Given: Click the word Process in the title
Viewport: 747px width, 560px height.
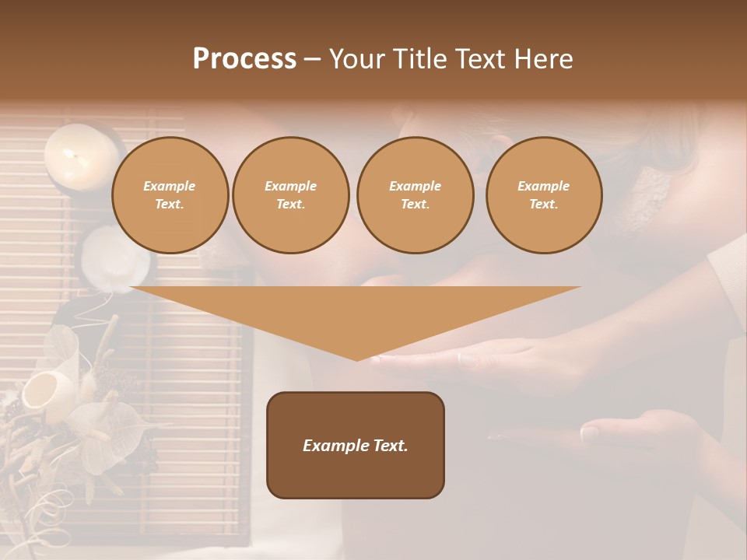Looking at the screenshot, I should pos(244,59).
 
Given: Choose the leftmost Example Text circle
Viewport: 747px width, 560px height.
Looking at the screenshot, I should pos(170,195).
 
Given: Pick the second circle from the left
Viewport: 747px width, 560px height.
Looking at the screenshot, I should pos(290,195).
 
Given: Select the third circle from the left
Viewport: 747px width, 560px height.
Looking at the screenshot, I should pos(415,195).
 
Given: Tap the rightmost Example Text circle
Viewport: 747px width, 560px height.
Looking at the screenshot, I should pos(543,195).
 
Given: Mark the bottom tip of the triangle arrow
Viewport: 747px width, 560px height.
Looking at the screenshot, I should pos(356,359).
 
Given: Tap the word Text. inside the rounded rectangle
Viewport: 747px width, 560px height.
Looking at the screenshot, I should pos(387,446).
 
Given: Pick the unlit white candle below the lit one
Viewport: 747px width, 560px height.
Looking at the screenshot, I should pos(117,255).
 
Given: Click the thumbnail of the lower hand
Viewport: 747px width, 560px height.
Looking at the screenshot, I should pos(590,432).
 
